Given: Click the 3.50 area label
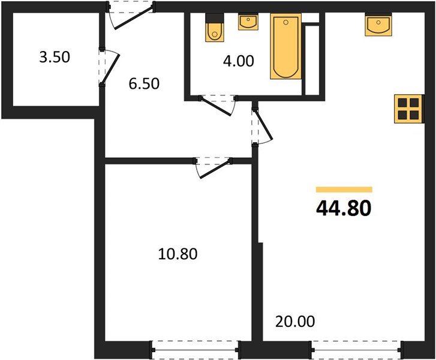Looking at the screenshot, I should pos(53,58).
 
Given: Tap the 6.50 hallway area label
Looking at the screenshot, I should pos(144,84).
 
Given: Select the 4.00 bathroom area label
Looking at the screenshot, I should pos(237,61).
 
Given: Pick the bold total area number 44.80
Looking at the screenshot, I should pos(344,208).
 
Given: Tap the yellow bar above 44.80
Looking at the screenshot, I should pos(344,190).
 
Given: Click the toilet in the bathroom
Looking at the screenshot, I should pos(214,29).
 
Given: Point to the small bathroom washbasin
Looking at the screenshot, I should pos(248,22).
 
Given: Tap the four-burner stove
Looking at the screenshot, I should pos(409,109).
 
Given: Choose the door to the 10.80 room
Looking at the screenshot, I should pos(212,167).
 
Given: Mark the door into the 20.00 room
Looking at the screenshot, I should pos(262,127).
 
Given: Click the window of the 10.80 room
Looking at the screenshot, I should pos(194,348).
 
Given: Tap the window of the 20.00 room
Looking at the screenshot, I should pos(356,348).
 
